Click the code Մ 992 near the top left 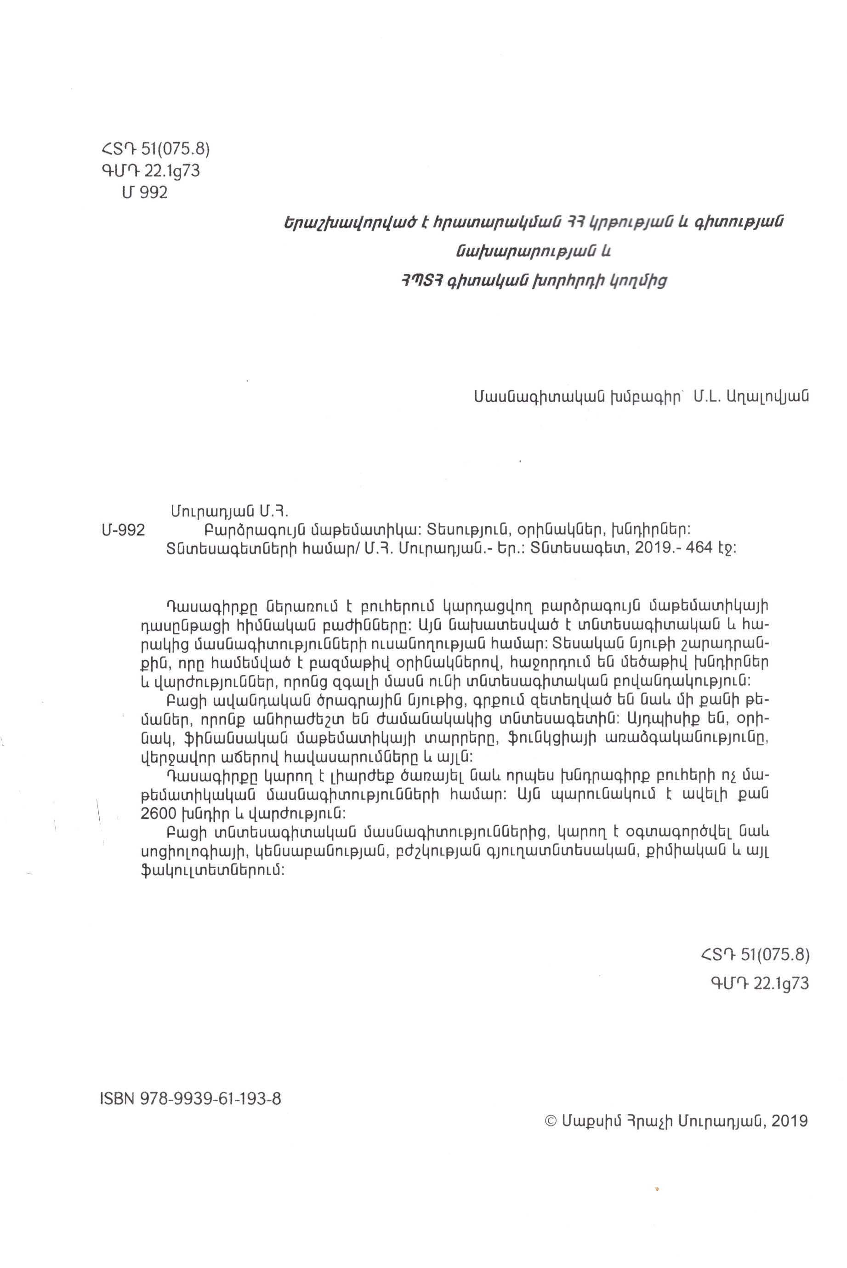(145, 193)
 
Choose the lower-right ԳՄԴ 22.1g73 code (760, 984)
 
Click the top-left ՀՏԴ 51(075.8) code (152, 148)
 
